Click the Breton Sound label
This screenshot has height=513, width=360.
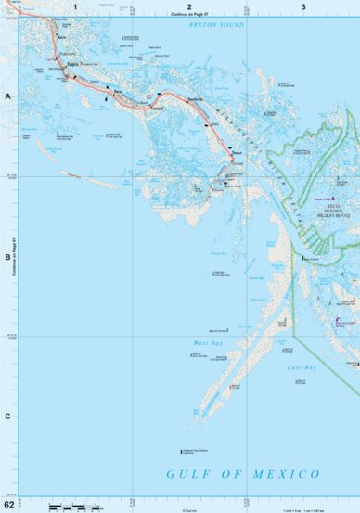point(215,25)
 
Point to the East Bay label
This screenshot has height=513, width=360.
point(302,367)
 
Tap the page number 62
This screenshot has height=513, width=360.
point(9,506)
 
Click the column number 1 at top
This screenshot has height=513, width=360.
point(73,6)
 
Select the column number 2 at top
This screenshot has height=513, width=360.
point(189,6)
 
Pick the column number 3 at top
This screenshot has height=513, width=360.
point(302,6)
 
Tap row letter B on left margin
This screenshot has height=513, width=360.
point(7,257)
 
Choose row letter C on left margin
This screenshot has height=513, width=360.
point(7,416)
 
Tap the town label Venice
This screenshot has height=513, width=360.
point(238,152)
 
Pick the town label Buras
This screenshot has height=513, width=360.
point(118,93)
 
